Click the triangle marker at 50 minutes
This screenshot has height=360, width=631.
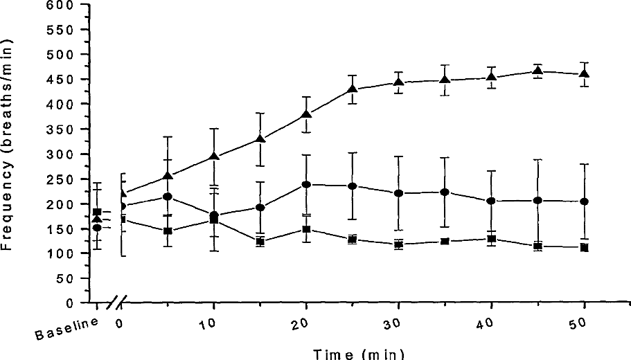point(584,73)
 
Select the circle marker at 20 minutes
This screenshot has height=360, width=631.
point(306,185)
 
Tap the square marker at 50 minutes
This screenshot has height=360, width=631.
point(584,248)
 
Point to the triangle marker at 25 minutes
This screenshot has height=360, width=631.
point(353,88)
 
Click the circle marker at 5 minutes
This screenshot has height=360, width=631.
point(168,197)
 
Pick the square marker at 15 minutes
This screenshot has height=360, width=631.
point(260,242)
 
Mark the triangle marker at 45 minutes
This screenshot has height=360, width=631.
point(537,71)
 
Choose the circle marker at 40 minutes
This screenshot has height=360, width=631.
point(491,201)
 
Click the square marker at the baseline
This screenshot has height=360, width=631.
point(97,212)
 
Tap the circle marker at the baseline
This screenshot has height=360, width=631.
point(97,228)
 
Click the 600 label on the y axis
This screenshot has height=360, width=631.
point(60,6)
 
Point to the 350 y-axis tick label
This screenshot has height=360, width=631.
point(60,129)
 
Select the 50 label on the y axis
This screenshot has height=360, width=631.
point(64,278)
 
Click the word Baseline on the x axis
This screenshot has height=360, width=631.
point(66,329)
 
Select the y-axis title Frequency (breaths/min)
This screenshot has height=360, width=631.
point(7,145)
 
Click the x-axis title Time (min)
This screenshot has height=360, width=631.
point(359,354)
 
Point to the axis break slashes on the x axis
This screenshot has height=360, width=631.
point(116,303)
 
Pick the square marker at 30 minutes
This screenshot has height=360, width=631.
point(399,244)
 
